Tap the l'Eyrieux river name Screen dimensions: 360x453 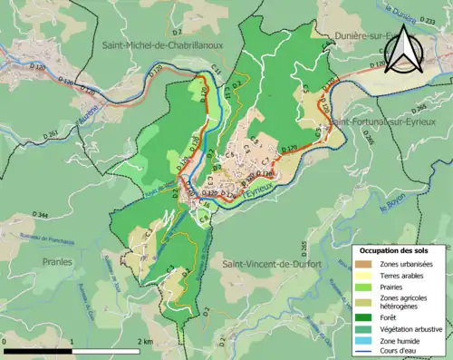click(x=258, y=193)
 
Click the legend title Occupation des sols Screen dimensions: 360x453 click(x=394, y=249)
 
